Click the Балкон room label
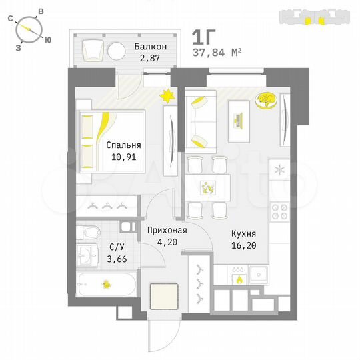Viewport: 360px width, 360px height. pos(150,47)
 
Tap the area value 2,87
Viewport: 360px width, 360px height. pos(150,59)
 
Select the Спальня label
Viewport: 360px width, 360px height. pos(123,145)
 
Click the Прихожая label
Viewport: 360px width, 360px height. pos(167,230)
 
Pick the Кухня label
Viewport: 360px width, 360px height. pos(244,234)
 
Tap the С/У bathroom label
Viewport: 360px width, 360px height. pos(116,247)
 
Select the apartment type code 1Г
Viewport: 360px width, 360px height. pos(205,35)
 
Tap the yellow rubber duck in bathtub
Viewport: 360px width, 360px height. pos(106,285)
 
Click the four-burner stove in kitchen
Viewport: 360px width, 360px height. pos(280,213)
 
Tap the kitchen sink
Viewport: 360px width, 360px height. pos(259,274)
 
